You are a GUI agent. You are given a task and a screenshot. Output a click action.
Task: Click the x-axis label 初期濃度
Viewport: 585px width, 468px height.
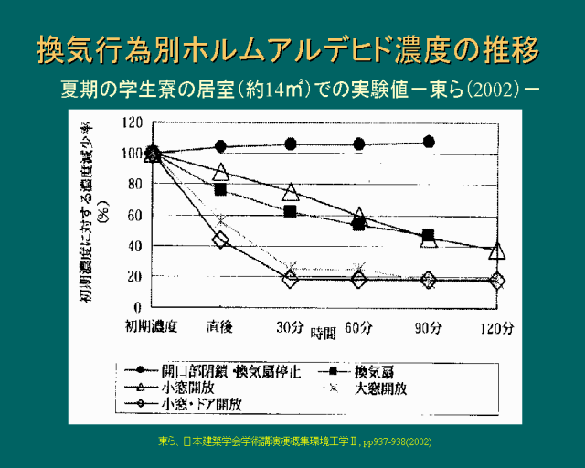click(x=151, y=325)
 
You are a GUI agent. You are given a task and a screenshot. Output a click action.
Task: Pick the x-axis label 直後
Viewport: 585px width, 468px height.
click(x=219, y=325)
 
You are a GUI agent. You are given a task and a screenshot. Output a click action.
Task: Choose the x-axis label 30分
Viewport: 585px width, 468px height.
click(x=290, y=325)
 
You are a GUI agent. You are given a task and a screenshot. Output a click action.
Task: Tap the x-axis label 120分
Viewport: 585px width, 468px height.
click(x=497, y=325)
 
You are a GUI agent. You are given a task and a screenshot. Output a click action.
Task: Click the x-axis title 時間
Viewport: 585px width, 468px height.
click(x=324, y=333)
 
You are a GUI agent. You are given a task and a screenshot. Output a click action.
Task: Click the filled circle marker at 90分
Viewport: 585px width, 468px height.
click(x=429, y=142)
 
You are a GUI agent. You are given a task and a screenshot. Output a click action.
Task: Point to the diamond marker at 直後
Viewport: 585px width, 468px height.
click(x=220, y=239)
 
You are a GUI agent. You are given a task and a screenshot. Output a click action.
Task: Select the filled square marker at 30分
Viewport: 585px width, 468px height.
click(x=291, y=211)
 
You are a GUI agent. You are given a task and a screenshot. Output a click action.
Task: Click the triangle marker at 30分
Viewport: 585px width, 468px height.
click(x=291, y=192)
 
